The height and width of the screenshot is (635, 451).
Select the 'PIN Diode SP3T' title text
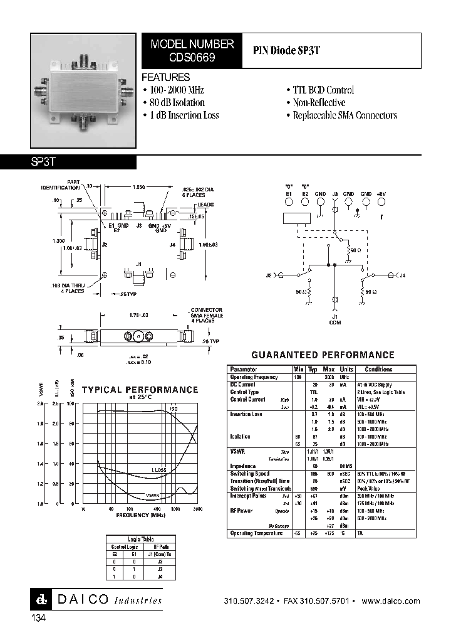[286, 52]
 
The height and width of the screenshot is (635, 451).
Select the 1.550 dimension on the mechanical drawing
[139, 187]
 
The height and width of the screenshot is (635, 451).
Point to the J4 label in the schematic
[403, 275]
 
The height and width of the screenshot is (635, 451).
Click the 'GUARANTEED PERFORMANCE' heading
[323, 355]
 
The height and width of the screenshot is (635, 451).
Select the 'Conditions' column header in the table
[378, 370]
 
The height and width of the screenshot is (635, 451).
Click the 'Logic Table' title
[140, 539]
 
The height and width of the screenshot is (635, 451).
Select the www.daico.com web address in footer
[391, 601]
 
